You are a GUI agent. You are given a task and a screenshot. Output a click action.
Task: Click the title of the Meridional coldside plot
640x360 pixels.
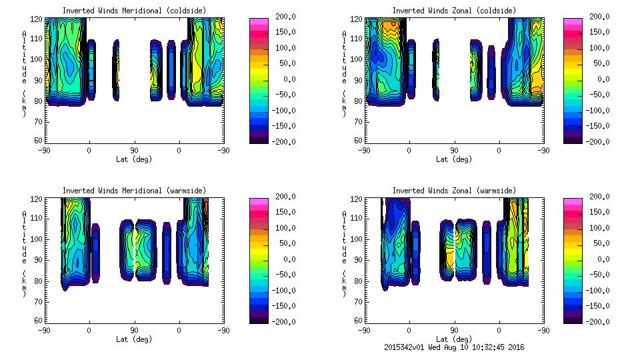click(134, 11)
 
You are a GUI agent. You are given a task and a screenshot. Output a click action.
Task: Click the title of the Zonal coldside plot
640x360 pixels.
click(453, 11)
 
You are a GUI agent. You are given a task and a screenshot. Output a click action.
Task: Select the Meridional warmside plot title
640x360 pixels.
click(134, 191)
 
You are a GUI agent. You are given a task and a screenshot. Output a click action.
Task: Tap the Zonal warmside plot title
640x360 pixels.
click(453, 191)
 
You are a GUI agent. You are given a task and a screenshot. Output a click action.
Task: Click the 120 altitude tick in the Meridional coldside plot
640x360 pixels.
click(37, 19)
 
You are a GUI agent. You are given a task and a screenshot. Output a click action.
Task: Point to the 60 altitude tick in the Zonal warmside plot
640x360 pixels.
click(359, 321)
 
